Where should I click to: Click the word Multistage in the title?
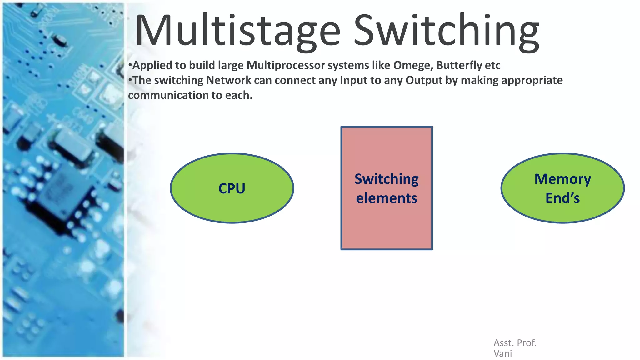pos(237,31)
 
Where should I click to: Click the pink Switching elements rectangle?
pos(387,225)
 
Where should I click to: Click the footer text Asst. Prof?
pos(515,343)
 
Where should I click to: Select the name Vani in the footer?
pos(502,353)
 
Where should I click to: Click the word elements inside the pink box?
pos(387,198)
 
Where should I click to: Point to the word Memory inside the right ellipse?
pos(562,179)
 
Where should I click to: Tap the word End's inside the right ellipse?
pos(562,198)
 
